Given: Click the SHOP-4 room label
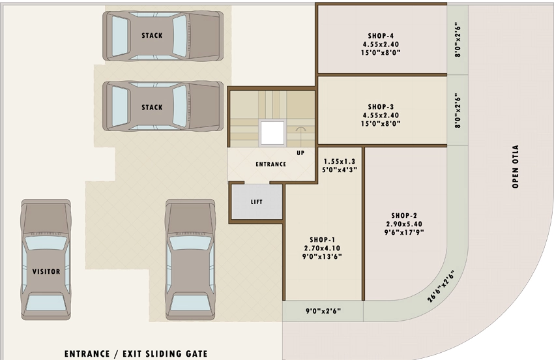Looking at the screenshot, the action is coord(381,36).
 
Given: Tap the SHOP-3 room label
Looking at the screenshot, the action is coord(381,107).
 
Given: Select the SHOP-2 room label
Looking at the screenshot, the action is coord(404,215).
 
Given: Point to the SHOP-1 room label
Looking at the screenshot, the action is coord(322,240).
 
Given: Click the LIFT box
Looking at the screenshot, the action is coord(257,202).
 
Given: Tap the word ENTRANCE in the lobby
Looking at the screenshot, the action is coord(270,164).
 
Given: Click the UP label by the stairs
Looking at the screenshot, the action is coord(300,153).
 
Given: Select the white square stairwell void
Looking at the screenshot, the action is coord(272,133).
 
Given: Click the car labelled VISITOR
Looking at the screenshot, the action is coord(46,260).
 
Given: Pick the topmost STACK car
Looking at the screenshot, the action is coord(163,36).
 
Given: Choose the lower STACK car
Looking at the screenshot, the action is coord(163,106).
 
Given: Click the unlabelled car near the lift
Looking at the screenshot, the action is coord(190,260).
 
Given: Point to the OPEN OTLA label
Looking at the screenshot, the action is coord(515,166).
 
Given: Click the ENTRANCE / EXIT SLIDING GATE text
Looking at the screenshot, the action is coord(136,353).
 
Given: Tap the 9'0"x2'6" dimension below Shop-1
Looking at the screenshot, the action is coord(323,311).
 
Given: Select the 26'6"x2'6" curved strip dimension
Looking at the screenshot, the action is coord(441,286).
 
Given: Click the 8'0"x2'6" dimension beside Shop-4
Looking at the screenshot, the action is coord(458,40).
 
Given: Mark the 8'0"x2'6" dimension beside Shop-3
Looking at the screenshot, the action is coord(458,110).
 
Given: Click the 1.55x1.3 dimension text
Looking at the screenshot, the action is coord(339,161).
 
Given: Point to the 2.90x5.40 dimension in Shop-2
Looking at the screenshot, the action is coord(404,224).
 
